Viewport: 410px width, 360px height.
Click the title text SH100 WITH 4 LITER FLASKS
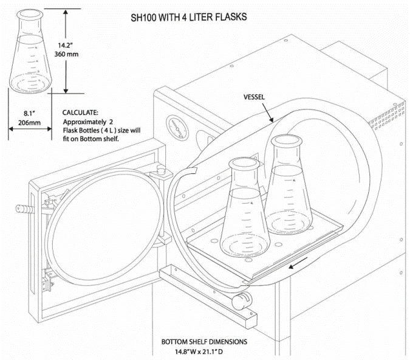tap(189, 17)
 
